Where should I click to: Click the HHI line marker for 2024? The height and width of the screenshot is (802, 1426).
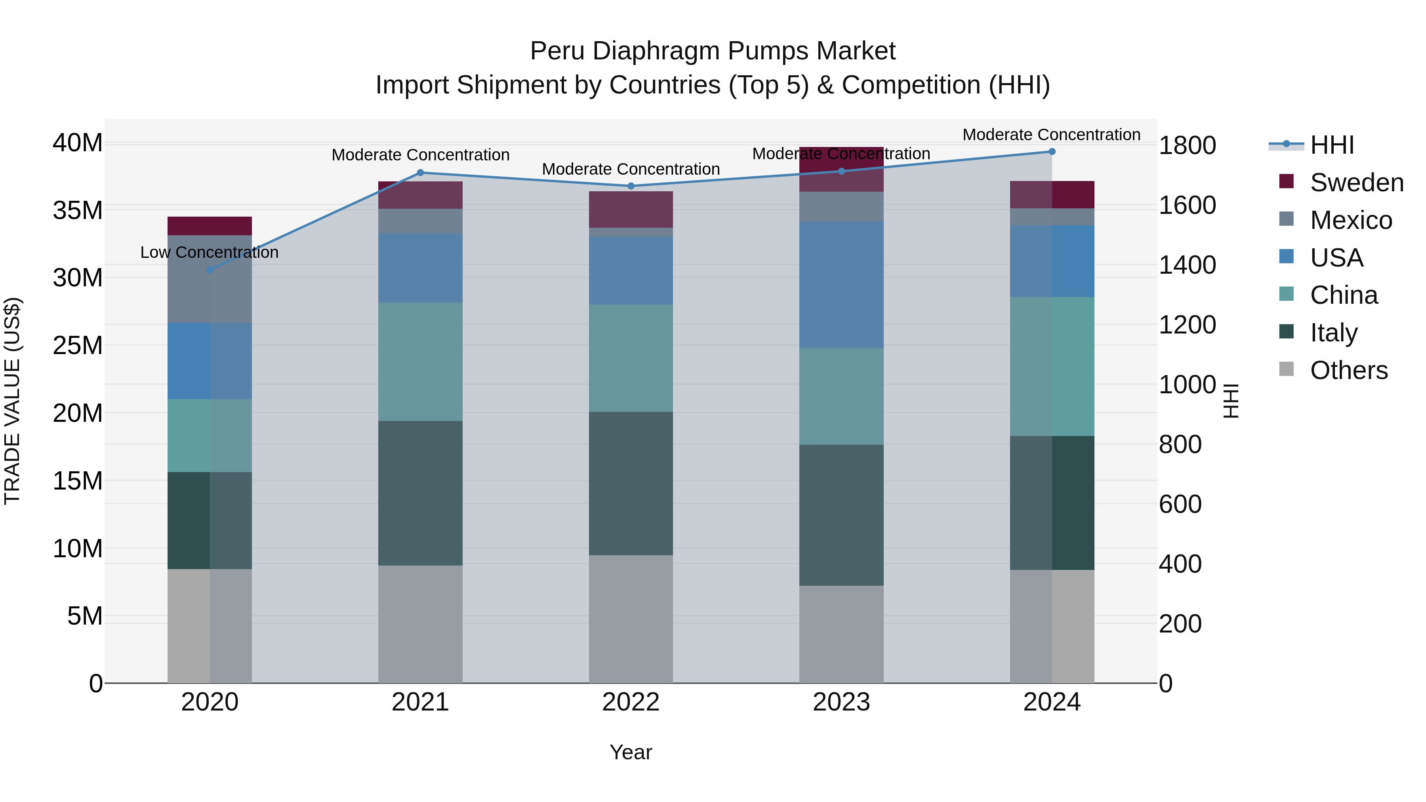(1052, 152)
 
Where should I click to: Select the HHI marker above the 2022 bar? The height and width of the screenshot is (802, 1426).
(631, 186)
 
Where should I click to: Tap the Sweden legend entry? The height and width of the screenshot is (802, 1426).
(1356, 183)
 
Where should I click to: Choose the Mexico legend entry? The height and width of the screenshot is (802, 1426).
(1350, 220)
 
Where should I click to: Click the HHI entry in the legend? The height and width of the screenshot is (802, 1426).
(1331, 145)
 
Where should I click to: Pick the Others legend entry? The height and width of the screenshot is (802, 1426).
(1348, 370)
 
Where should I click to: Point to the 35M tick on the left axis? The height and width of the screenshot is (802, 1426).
(78, 210)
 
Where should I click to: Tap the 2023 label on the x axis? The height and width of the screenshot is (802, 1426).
(841, 702)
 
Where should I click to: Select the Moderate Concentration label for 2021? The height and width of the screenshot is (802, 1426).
(420, 155)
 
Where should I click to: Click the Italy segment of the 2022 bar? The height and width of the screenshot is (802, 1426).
(631, 483)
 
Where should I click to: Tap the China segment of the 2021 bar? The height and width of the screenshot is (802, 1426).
(420, 362)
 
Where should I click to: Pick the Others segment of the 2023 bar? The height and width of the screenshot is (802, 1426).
(841, 634)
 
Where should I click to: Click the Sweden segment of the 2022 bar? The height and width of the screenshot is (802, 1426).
(631, 209)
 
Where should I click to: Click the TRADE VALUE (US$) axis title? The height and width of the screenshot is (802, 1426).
(12, 401)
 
